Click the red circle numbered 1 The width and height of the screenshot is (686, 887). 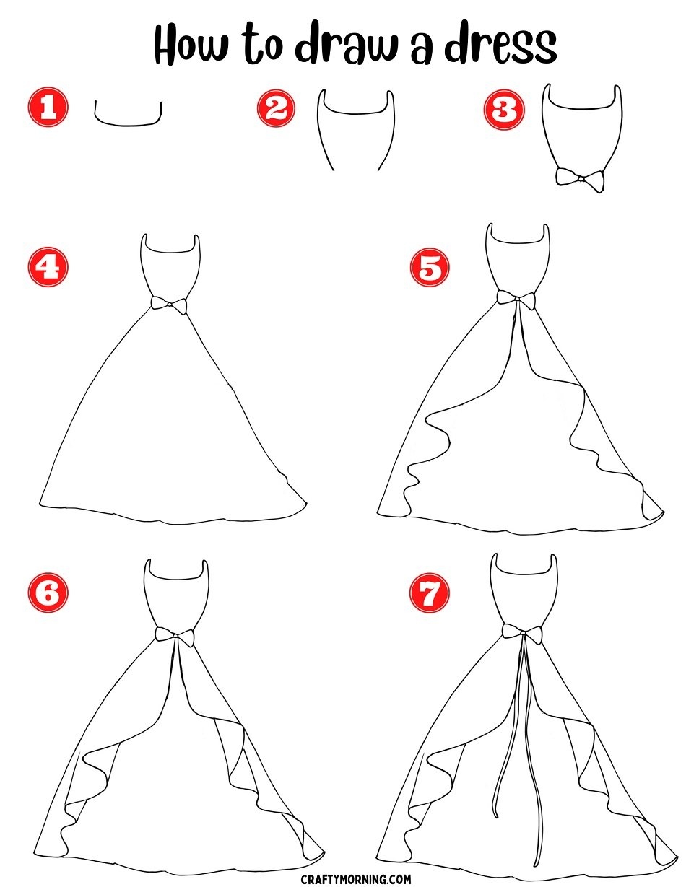[48, 108]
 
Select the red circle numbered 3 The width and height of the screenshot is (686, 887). [504, 110]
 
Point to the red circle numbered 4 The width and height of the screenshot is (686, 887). [48, 267]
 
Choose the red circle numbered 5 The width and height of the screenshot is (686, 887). [430, 267]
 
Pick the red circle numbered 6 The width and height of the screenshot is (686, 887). [48, 593]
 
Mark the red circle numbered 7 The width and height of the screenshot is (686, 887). [430, 593]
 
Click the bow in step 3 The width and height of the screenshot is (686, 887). [580, 180]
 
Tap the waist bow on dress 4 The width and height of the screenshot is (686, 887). [169, 305]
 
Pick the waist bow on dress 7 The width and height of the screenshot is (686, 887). [523, 633]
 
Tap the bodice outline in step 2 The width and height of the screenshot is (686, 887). [356, 113]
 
